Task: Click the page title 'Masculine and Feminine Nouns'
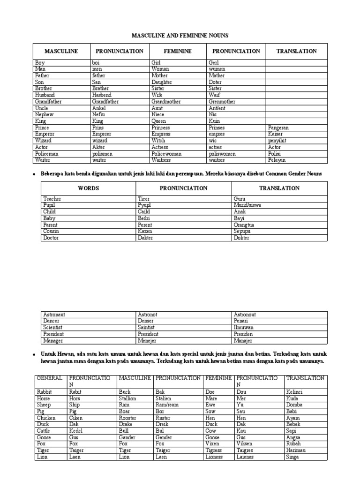pos(180,36)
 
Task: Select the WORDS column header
pos(88,188)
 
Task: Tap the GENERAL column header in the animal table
pos(50,378)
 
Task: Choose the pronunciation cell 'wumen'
pos(217,69)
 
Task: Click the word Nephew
pos(45,114)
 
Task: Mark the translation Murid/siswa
pos(247,205)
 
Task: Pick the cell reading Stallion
pos(127,398)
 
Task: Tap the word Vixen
pos(212,443)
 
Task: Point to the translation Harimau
pos(296,450)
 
